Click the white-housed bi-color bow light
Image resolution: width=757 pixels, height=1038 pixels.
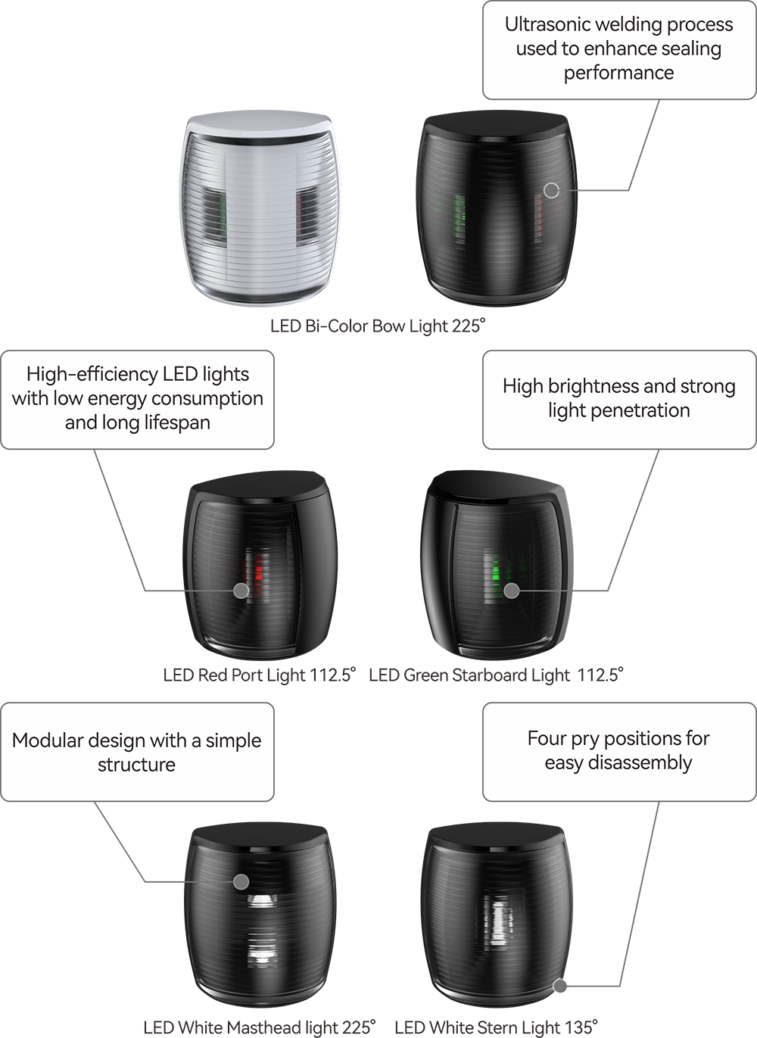(260, 207)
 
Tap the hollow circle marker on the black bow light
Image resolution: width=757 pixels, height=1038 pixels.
(551, 190)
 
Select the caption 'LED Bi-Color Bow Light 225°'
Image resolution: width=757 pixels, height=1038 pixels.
(378, 326)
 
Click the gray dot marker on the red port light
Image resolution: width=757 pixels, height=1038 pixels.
(241, 591)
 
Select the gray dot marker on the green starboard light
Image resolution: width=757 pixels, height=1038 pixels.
(512, 591)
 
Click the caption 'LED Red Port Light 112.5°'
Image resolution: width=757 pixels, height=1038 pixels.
(260, 675)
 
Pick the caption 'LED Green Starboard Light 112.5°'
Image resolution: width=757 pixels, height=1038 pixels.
(496, 675)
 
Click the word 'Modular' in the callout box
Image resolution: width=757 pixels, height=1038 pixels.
(46, 740)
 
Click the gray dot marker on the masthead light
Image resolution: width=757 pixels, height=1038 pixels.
(241, 881)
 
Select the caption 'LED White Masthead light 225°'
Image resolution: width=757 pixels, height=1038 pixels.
(260, 1027)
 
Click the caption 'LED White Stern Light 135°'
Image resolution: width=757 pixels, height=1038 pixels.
(496, 1027)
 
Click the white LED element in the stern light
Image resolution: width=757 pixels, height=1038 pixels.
(497, 924)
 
